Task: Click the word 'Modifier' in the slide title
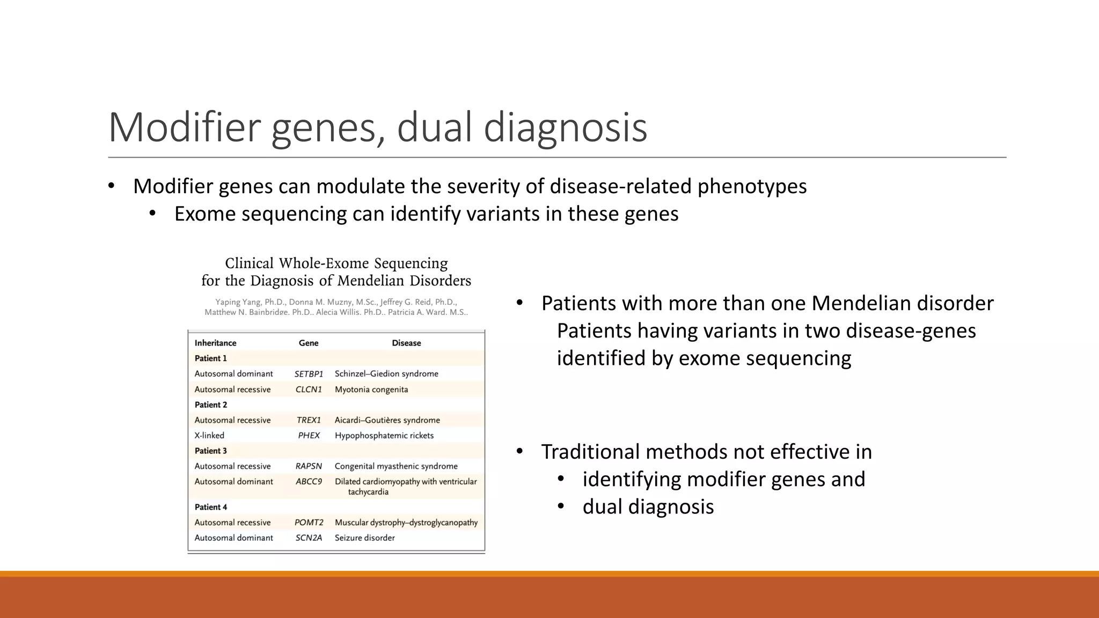tap(184, 128)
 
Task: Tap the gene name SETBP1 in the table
tap(309, 374)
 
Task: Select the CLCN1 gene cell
tap(309, 389)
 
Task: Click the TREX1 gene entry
tap(309, 420)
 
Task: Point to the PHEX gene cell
tap(309, 436)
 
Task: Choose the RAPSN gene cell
tap(309, 466)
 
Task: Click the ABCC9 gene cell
tap(309, 482)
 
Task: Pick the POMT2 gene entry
tap(309, 523)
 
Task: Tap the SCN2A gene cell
tap(309, 538)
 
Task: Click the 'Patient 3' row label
tap(211, 451)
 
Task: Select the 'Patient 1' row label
tap(211, 358)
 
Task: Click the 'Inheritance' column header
tap(215, 343)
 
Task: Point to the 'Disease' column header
tap(406, 343)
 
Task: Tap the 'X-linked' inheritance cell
tap(209, 436)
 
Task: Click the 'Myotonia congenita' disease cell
tap(371, 389)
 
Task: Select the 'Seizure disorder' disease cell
tap(365, 538)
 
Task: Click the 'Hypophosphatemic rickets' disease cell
tap(384, 436)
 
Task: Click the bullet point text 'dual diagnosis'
tap(648, 506)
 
